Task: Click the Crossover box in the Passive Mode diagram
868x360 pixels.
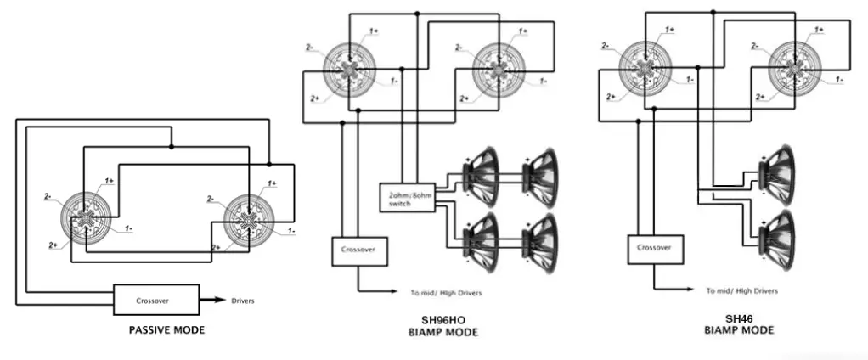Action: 156,301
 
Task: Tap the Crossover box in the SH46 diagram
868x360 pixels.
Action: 655,248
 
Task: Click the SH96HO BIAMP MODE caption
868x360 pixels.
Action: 439,326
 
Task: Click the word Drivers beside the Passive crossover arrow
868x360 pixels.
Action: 242,301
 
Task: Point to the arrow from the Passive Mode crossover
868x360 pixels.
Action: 211,301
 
